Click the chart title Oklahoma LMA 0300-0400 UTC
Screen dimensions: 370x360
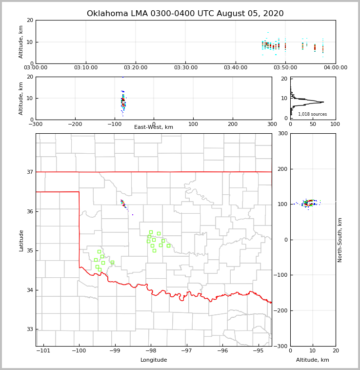(185, 14)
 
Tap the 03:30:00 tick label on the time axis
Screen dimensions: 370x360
(185, 67)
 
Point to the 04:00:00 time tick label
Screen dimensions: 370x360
(335, 67)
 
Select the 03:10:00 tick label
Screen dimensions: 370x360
(86, 67)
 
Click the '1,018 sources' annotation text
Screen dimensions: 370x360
(312, 114)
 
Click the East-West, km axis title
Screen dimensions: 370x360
(154, 127)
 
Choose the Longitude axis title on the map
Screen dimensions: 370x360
(154, 360)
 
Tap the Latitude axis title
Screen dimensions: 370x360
(21, 240)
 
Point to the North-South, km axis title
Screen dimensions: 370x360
(340, 240)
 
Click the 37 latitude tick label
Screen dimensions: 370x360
(30, 172)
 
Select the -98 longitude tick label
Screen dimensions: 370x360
(151, 350)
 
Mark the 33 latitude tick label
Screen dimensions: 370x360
(30, 329)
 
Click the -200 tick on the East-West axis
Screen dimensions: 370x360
(75, 124)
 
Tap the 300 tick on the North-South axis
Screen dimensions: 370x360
(282, 134)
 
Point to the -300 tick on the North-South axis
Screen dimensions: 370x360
(281, 346)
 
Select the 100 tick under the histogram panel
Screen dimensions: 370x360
(335, 124)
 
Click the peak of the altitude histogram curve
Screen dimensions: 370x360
(323, 102)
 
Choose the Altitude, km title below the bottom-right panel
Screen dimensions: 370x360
(313, 360)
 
